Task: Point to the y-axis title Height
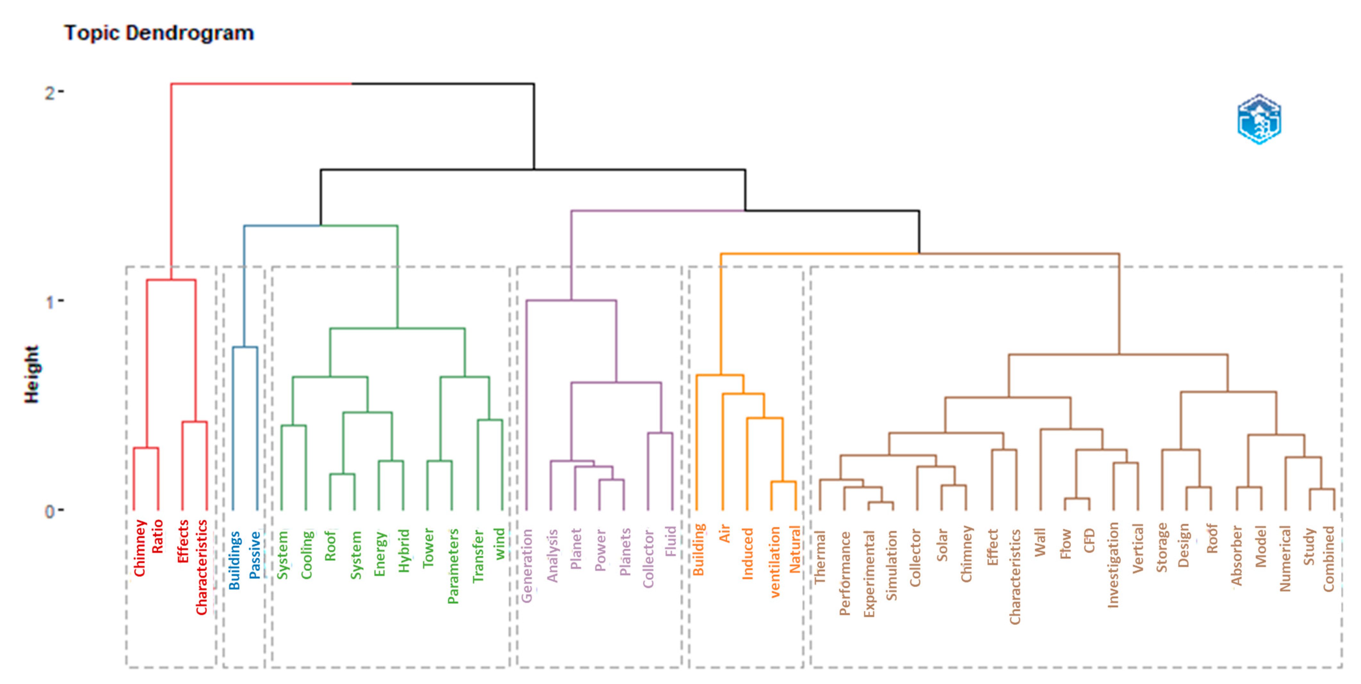coord(32,374)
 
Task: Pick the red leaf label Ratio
coord(158,536)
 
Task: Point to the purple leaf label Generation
coord(527,566)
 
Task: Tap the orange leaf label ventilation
coord(775,562)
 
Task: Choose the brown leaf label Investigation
coord(1113,565)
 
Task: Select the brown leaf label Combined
coord(1329,559)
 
